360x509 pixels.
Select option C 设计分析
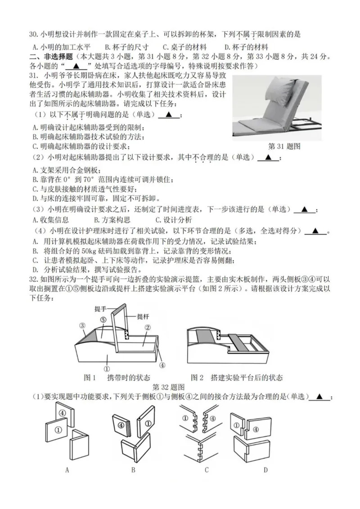coord(173,220)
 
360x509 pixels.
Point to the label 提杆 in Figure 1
coord(143,316)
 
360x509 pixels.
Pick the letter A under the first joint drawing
coord(67,470)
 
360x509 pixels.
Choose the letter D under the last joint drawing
coord(265,470)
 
